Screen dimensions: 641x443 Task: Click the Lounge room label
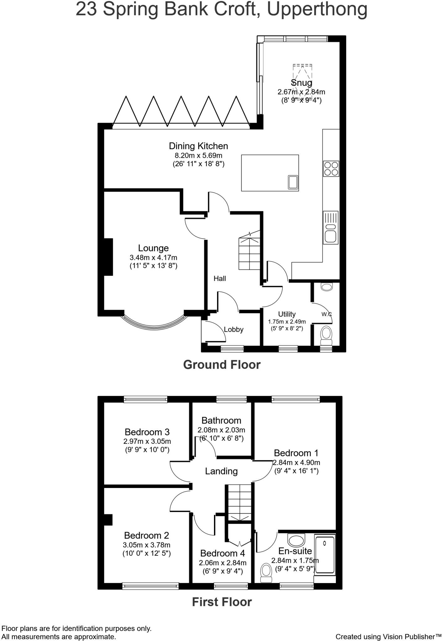point(153,248)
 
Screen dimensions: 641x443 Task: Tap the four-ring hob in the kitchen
point(331,168)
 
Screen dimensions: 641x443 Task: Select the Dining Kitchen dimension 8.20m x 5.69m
point(198,155)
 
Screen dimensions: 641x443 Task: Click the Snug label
point(301,83)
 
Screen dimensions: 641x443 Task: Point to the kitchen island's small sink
point(293,182)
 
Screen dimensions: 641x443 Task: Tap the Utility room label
point(287,314)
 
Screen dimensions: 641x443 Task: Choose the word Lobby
point(233,329)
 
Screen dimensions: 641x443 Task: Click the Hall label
point(220,278)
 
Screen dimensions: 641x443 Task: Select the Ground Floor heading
point(221,365)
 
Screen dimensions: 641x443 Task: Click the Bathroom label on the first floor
point(221,420)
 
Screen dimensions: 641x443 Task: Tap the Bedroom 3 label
point(147,432)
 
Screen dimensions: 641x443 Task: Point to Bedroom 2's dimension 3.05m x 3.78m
point(147,545)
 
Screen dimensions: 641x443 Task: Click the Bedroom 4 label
point(222,553)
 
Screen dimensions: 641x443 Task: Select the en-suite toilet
point(266,572)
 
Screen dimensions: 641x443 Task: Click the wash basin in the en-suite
point(296,540)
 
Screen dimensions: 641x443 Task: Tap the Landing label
point(221,471)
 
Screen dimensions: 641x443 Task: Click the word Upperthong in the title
point(317,9)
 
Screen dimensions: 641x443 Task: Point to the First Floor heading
point(221,602)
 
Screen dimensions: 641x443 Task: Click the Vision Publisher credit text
point(388,636)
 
